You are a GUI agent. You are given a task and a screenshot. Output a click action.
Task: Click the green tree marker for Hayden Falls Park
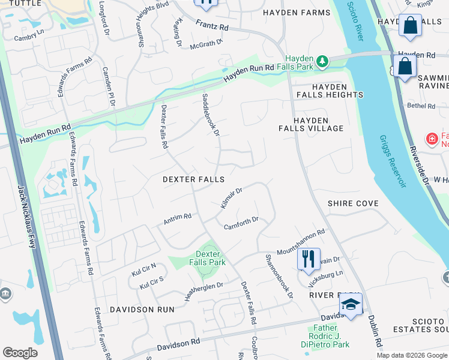(322, 61)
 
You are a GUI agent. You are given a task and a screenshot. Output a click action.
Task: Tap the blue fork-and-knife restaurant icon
(309, 259)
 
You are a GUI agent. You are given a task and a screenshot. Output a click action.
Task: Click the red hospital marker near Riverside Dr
(432, 140)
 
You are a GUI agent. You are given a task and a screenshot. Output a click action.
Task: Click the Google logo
(20, 353)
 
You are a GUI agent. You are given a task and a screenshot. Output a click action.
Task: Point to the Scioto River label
(355, 22)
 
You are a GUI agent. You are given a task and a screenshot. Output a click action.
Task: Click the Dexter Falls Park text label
(211, 258)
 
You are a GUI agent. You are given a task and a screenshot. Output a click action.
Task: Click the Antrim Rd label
(177, 219)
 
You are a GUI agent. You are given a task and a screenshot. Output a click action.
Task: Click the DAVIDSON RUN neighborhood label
(142, 309)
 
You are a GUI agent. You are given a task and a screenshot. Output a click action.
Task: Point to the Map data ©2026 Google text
(412, 355)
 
